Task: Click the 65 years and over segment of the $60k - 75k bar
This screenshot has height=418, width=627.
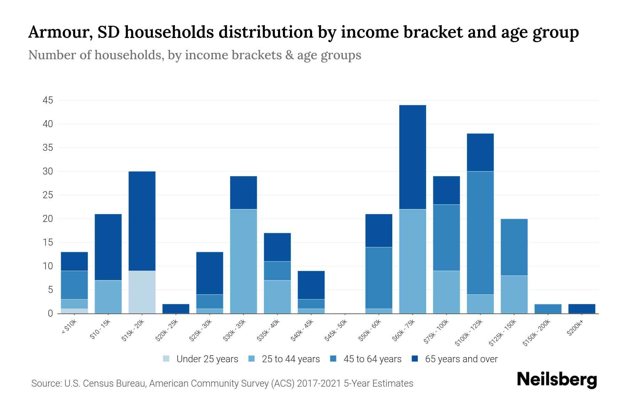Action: pos(412,157)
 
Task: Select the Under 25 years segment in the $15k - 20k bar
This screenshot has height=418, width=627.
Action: pos(142,292)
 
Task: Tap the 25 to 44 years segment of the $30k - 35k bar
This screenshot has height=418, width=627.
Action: pos(243,261)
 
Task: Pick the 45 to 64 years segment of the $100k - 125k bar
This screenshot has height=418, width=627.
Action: pos(480,233)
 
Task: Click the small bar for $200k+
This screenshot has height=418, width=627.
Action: pos(582,309)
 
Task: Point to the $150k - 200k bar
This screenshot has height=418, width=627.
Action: pos(548,309)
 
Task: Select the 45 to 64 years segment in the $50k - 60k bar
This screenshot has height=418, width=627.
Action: pos(379,278)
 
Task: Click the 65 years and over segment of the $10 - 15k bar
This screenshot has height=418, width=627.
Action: pos(108,247)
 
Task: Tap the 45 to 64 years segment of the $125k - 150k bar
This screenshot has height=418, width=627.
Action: pos(514,247)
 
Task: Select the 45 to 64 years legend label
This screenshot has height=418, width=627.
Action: pos(372,359)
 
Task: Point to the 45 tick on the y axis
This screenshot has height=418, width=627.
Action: pos(48,101)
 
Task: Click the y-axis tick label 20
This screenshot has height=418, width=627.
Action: pos(48,219)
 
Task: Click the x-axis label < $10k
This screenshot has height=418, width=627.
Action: pos(69,327)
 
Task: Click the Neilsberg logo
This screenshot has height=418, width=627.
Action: pos(557,380)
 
